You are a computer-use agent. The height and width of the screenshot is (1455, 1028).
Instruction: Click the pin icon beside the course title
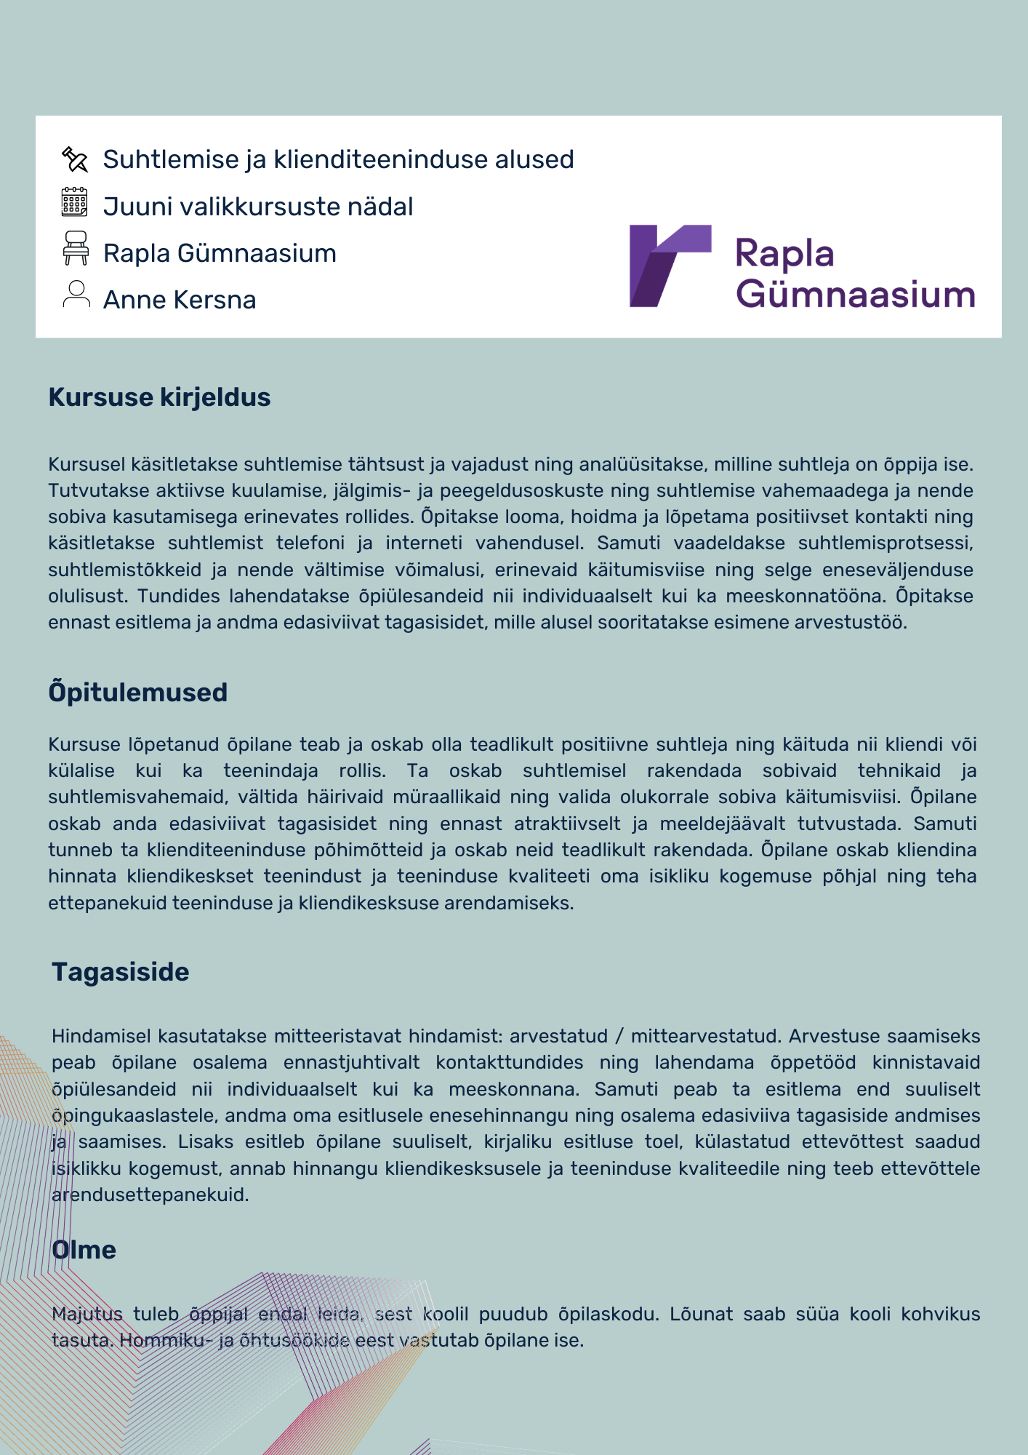pyautogui.click(x=75, y=159)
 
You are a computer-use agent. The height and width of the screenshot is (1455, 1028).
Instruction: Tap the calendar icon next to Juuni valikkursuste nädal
pyautogui.click(x=75, y=202)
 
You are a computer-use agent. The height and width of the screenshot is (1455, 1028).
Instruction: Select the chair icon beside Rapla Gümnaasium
pyautogui.click(x=76, y=248)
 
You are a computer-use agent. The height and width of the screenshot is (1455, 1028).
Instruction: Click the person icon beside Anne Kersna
pyautogui.click(x=76, y=295)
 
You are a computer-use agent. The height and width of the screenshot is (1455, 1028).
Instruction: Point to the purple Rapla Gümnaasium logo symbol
pyautogui.click(x=670, y=266)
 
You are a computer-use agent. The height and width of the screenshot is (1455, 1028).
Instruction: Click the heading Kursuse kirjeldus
pyautogui.click(x=159, y=397)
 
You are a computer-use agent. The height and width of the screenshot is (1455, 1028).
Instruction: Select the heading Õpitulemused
pyautogui.click(x=138, y=693)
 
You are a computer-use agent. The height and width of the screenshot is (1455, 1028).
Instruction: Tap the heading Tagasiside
pyautogui.click(x=121, y=972)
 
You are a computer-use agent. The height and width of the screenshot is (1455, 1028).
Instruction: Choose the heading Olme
pyautogui.click(x=84, y=1250)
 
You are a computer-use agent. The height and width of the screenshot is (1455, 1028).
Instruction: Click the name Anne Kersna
pyautogui.click(x=180, y=300)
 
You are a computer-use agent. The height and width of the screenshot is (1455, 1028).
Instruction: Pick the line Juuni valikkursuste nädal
pyautogui.click(x=258, y=207)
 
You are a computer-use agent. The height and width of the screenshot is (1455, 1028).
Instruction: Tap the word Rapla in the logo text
pyautogui.click(x=784, y=254)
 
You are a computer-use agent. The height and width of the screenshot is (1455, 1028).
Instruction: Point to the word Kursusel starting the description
pyautogui.click(x=87, y=464)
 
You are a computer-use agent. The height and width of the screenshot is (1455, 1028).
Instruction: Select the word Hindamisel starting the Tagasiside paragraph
pyautogui.click(x=102, y=1036)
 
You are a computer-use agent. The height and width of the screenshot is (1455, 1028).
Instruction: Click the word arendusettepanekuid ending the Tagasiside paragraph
pyautogui.click(x=150, y=1195)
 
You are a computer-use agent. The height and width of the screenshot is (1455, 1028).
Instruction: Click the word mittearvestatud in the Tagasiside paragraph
pyautogui.click(x=702, y=1036)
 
